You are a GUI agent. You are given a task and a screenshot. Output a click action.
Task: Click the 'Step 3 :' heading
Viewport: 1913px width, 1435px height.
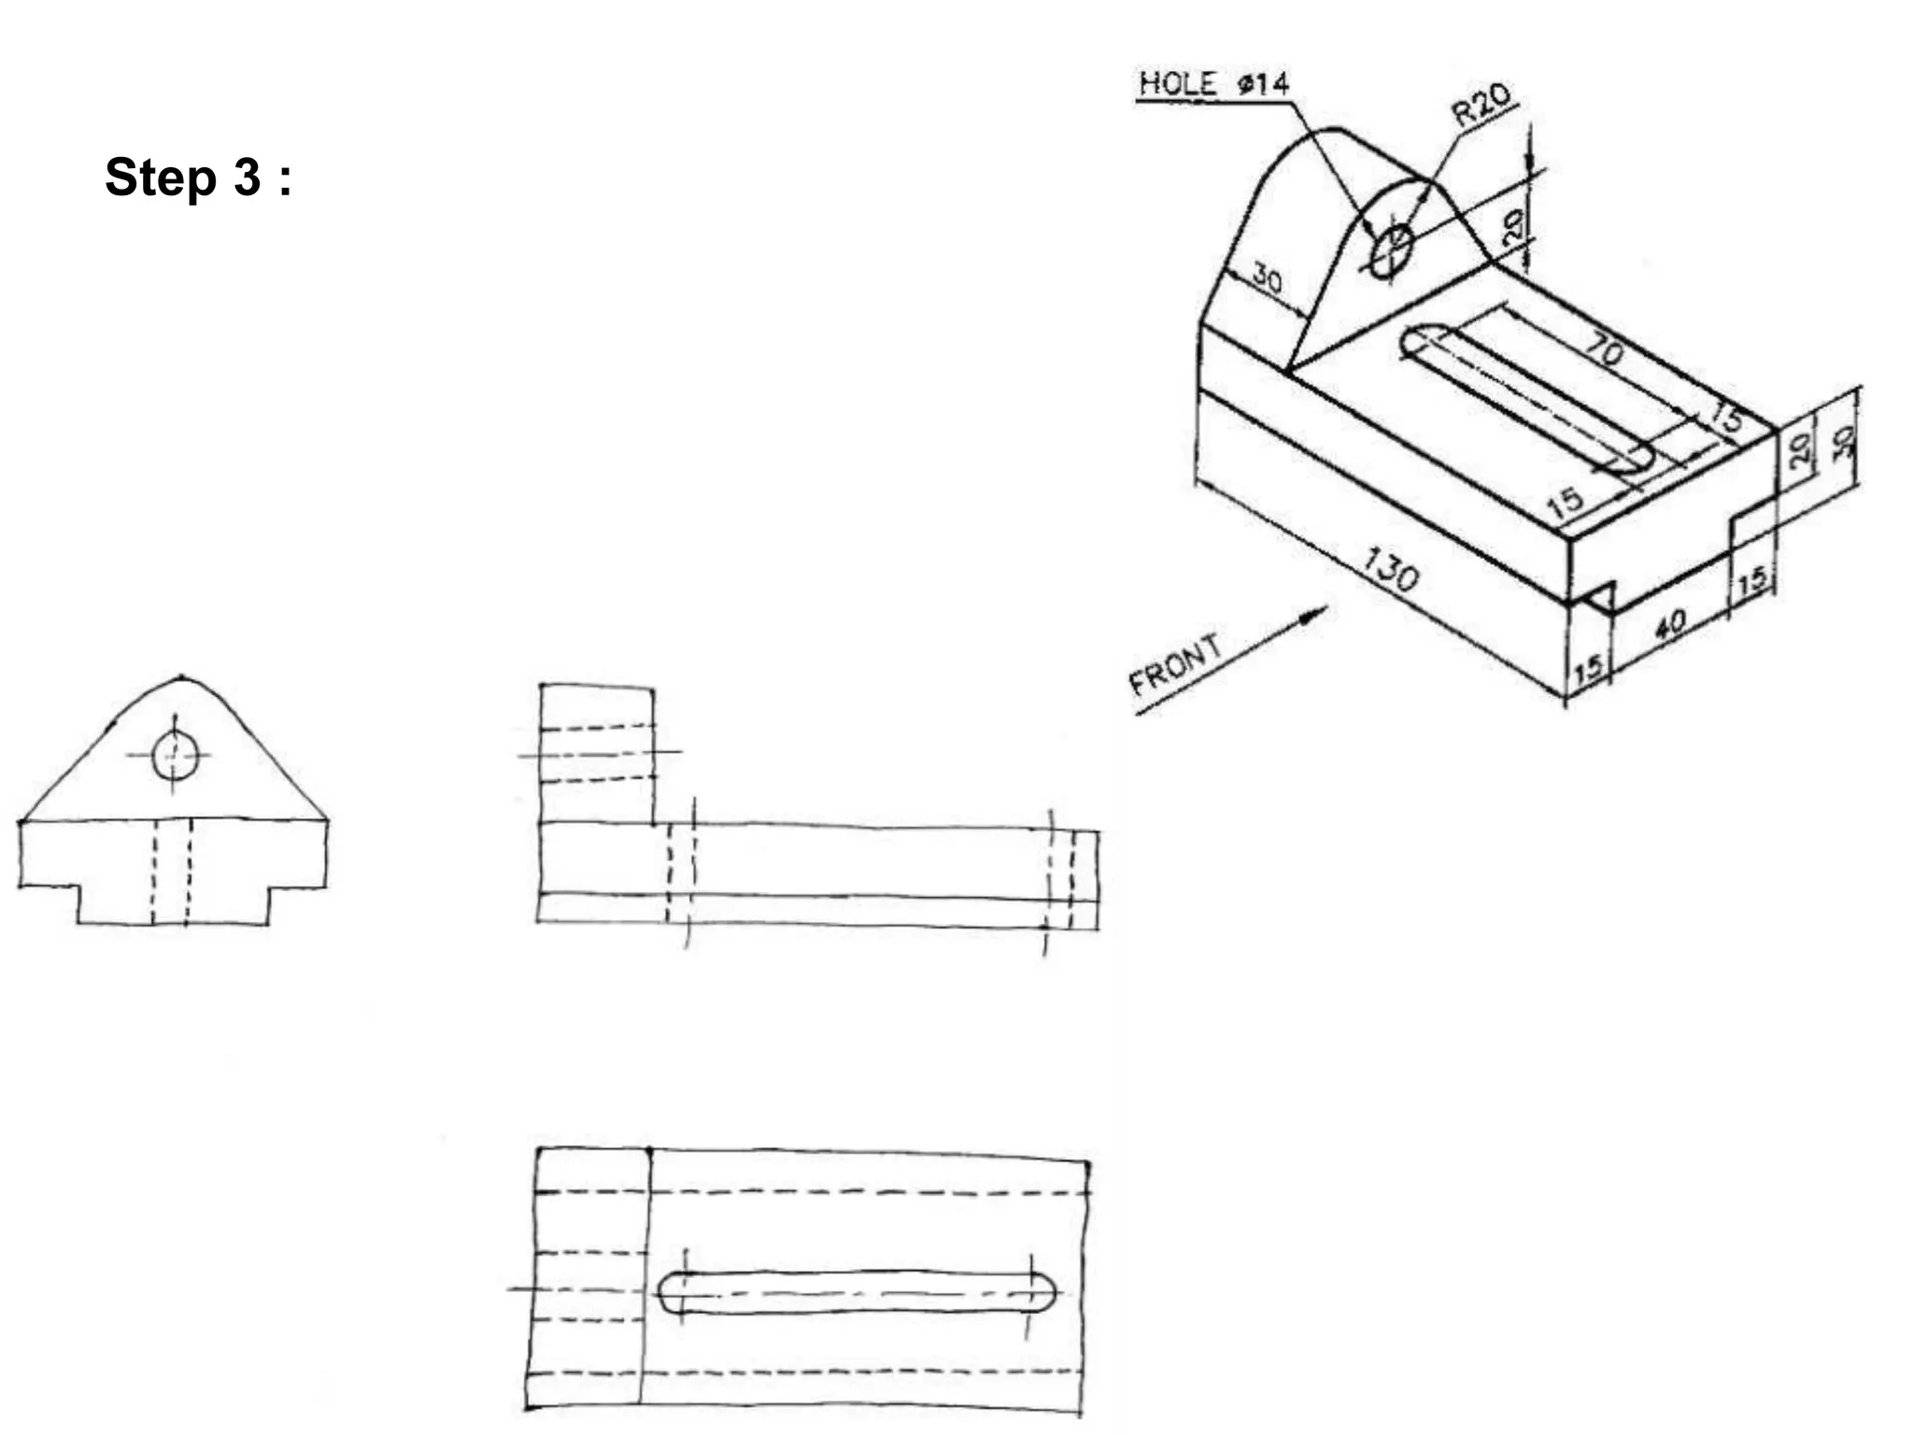pos(198,177)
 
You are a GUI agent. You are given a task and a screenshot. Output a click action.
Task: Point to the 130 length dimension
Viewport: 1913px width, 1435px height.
pos(1391,569)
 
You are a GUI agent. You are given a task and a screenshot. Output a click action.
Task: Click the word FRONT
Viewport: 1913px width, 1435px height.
pos(1176,664)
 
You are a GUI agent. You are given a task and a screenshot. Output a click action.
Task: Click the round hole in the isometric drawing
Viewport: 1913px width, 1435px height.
pos(1392,249)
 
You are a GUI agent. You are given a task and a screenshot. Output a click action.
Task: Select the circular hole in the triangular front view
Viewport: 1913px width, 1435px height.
pos(176,755)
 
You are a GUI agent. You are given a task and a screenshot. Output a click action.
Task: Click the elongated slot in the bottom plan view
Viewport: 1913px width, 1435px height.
pos(857,1293)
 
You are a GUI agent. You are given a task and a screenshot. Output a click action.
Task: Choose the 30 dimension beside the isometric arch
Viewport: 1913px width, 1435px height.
pos(1267,278)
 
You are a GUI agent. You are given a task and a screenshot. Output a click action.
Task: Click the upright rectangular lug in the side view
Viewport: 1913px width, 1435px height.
pos(597,754)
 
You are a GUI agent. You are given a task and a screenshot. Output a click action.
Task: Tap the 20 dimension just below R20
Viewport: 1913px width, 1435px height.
pos(1512,224)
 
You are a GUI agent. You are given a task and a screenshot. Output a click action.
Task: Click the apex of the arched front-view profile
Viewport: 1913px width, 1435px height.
pos(179,676)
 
